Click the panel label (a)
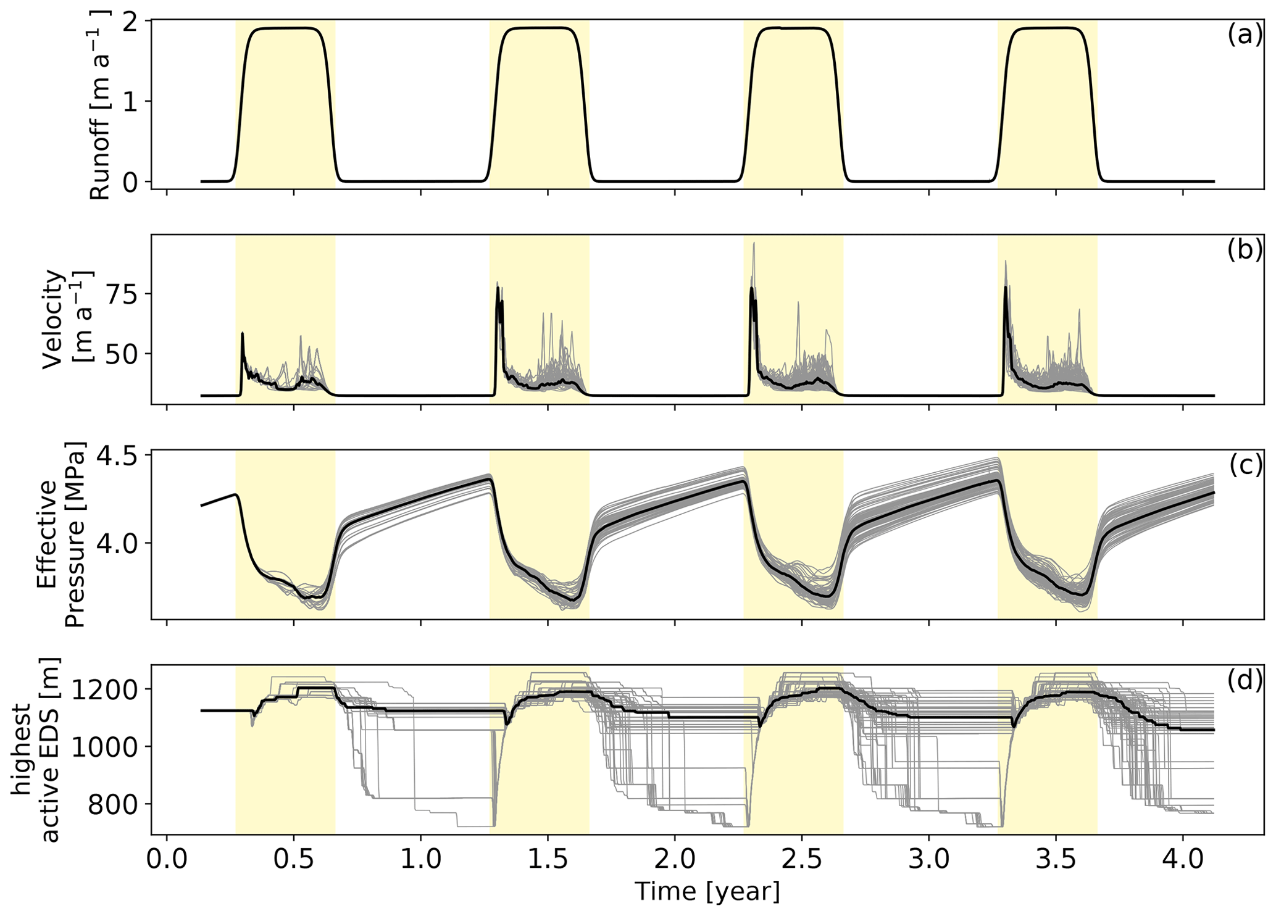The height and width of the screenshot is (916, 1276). click(1245, 36)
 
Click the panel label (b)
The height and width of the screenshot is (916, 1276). click(1245, 251)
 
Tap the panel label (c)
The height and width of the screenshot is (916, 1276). click(1245, 467)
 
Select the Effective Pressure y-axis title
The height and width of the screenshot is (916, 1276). click(60, 535)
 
